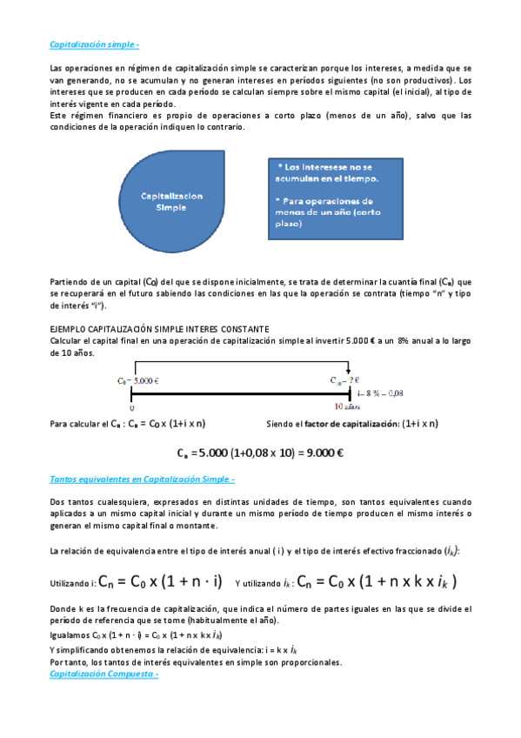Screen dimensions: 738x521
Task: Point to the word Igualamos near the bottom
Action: (70, 636)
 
